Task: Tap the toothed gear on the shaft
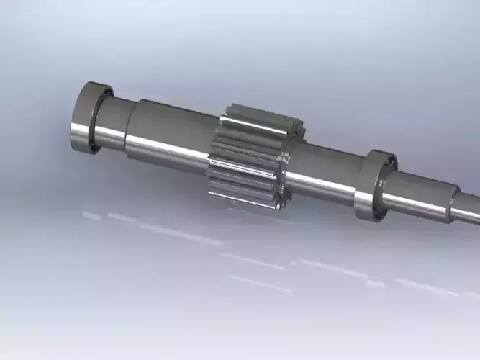click(x=248, y=155)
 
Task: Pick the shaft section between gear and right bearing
click(x=327, y=173)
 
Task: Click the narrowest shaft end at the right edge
click(x=468, y=209)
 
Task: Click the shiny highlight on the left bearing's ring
click(x=78, y=133)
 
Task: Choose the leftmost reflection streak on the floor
click(x=91, y=215)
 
